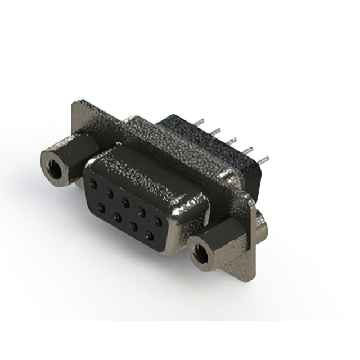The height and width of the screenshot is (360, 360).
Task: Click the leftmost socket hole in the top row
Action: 93,184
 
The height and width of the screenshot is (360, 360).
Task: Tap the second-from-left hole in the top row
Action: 110,192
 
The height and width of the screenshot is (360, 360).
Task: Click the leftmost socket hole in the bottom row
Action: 102,208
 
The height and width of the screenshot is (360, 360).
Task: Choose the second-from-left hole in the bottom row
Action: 118,217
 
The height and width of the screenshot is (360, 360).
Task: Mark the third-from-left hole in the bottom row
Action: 134,226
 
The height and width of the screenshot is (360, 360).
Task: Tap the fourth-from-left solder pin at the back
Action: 247,149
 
